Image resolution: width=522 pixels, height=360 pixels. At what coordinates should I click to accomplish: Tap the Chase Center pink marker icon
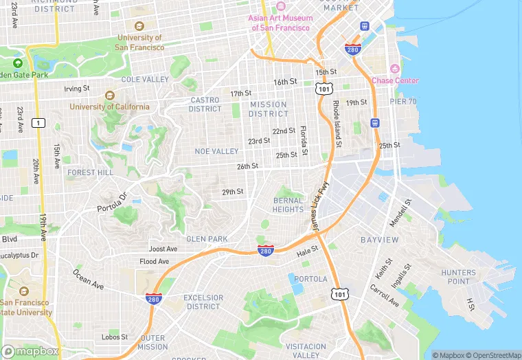tap(394, 69)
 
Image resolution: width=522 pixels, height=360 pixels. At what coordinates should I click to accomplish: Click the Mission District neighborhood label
tap(269, 109)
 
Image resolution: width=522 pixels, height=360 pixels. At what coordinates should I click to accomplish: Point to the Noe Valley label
tap(216, 151)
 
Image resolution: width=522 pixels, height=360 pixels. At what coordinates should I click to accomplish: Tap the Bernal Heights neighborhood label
tap(288, 205)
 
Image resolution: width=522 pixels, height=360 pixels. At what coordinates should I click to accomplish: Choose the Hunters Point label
tap(458, 277)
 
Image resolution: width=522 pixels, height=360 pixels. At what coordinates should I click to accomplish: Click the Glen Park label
tap(207, 239)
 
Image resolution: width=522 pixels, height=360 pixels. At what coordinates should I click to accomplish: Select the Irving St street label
tap(77, 89)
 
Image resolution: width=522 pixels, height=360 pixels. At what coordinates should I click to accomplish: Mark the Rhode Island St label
tap(337, 124)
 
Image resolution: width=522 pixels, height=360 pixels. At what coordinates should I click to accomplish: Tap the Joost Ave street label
tap(163, 249)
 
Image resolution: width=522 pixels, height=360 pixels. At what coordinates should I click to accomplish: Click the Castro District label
tap(205, 104)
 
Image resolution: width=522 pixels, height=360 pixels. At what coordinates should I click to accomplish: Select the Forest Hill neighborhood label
tap(90, 173)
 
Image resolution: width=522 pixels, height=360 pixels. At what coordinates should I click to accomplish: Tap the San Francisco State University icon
tap(25, 291)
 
